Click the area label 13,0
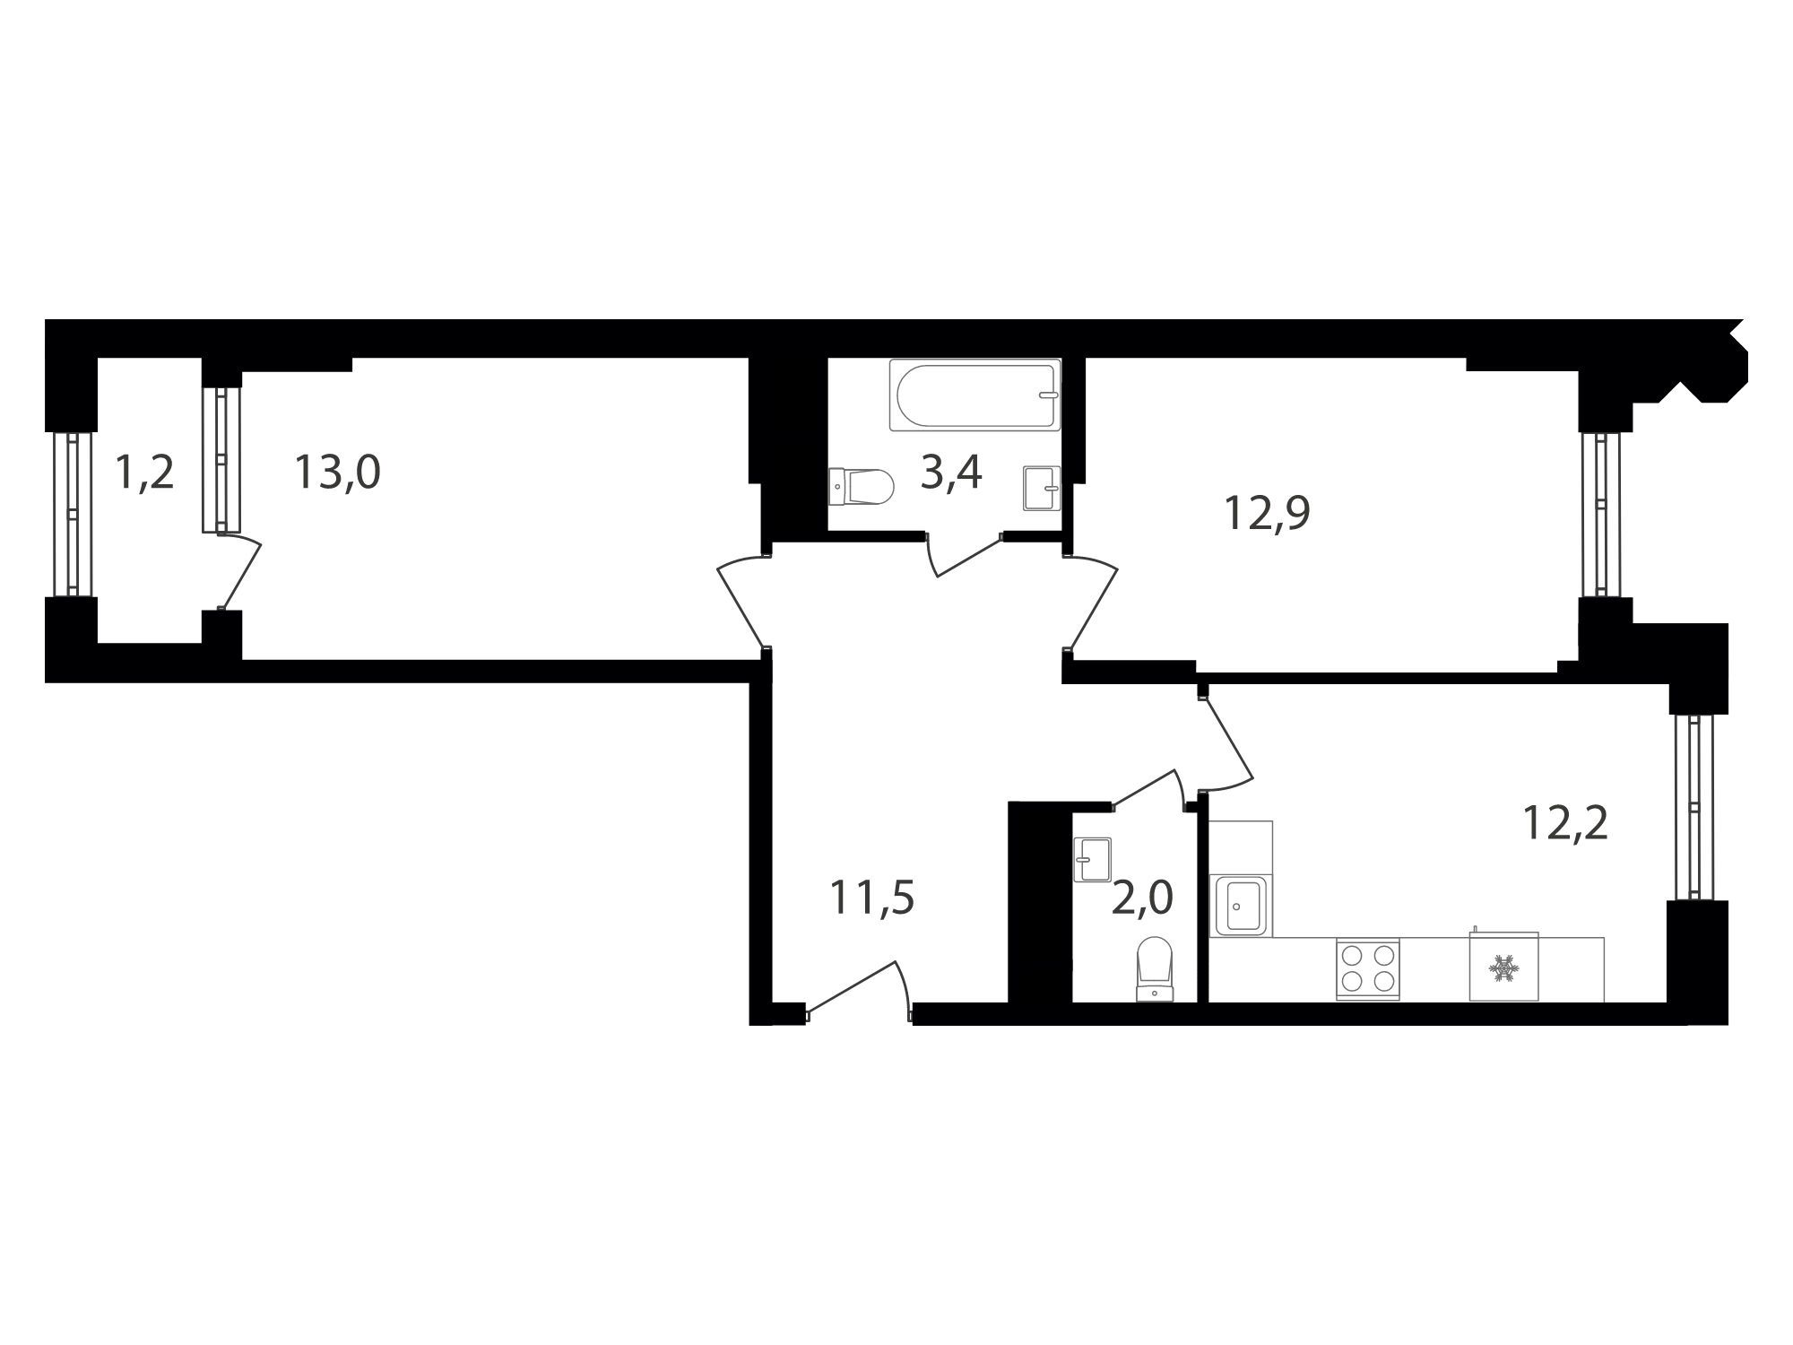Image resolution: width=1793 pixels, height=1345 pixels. (x=338, y=473)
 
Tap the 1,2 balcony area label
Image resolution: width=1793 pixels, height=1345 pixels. (x=144, y=473)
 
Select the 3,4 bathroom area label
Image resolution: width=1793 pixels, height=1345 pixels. (x=951, y=473)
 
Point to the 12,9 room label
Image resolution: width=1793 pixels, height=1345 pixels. (x=1268, y=514)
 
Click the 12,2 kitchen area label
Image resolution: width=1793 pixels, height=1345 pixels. (x=1565, y=822)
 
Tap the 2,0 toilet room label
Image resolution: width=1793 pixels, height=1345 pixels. (x=1142, y=898)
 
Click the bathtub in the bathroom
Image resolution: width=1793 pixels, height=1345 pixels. (x=975, y=395)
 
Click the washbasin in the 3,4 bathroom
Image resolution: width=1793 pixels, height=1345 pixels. (x=1042, y=488)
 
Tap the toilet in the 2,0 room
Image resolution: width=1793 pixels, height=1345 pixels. (x=1155, y=968)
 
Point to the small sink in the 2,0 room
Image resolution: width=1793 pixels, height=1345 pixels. (x=1092, y=860)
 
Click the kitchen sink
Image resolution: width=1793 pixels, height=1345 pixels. (x=1240, y=906)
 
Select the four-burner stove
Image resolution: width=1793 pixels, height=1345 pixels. (x=1367, y=969)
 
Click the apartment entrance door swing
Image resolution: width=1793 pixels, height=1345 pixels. (x=856, y=986)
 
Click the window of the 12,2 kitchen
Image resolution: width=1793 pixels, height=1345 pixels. (x=1693, y=807)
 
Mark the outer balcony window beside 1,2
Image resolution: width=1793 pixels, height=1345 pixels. (x=72, y=515)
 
